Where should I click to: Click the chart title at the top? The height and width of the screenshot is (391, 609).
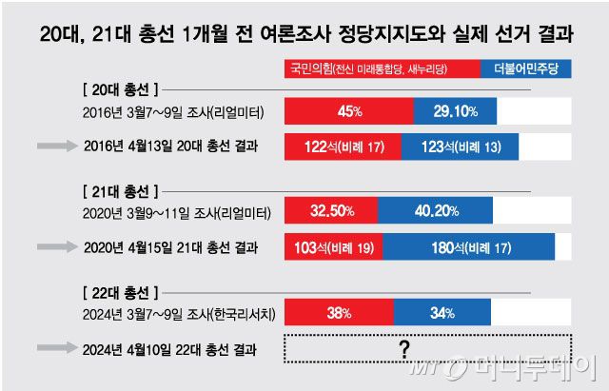point(304,35)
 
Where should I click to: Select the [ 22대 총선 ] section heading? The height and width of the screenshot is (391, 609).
point(115,289)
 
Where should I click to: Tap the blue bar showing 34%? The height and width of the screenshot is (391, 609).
point(436,313)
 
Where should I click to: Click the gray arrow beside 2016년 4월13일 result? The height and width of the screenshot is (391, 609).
point(58,147)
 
